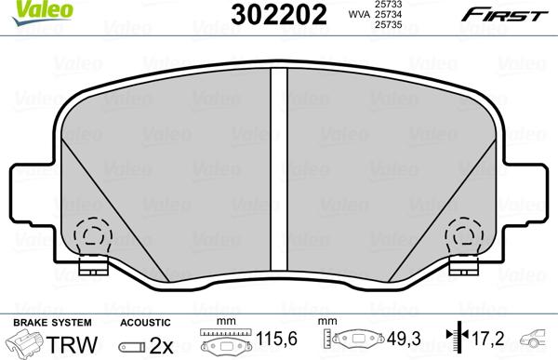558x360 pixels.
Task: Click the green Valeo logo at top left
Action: tap(43, 12)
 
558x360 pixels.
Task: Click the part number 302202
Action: tap(279, 15)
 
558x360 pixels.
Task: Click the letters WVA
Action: tap(359, 15)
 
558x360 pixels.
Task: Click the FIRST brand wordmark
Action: tap(504, 16)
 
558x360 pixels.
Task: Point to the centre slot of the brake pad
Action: tap(279, 169)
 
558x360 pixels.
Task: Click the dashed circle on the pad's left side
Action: tap(93, 235)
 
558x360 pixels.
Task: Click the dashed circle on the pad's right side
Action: tap(464, 235)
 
